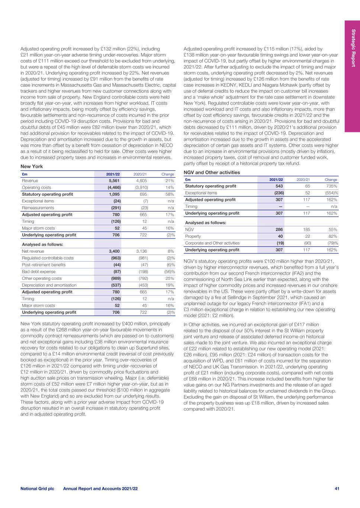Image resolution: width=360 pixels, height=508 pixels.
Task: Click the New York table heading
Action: [32, 166]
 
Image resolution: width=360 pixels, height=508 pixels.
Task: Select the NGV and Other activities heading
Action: [212, 172]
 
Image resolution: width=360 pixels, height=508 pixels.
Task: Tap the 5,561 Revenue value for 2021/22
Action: [114, 181]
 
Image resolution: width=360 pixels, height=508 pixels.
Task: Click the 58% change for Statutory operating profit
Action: [170, 194]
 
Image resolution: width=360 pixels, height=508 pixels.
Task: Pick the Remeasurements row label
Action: [38, 208]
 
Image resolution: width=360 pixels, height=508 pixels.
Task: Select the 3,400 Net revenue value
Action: [114, 251]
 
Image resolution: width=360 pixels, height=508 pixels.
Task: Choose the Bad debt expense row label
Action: [39, 272]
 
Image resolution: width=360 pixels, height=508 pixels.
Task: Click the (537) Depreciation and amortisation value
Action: [114, 285]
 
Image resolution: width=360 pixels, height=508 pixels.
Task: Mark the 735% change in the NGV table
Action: [332, 186]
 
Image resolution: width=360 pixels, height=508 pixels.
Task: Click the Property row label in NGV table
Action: [193, 236]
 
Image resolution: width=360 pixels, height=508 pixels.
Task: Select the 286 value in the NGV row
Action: [279, 230]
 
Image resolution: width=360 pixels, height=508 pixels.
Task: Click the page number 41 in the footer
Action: [337, 489]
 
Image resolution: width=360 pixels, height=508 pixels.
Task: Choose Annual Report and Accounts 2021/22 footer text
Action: [100, 489]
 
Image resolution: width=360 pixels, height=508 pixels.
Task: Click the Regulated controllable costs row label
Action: [48, 258]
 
